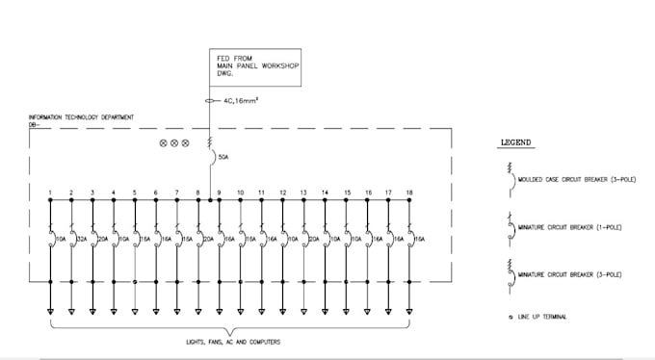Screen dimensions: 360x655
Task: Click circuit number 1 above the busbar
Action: (x=50, y=193)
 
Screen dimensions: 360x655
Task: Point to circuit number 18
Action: (x=410, y=193)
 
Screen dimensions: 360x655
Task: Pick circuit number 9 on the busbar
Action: (x=220, y=193)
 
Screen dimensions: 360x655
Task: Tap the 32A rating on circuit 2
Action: (x=82, y=238)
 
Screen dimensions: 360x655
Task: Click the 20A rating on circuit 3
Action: (x=103, y=238)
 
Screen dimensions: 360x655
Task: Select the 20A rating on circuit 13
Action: (x=314, y=238)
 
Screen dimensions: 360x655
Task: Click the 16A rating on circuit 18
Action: (x=420, y=238)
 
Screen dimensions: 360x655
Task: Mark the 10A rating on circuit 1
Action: (x=61, y=238)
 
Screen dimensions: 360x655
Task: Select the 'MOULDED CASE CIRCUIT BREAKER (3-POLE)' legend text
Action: (x=570, y=179)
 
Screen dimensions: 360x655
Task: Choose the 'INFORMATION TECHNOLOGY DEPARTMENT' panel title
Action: (x=82, y=117)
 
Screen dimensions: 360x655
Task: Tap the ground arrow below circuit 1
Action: (x=50, y=311)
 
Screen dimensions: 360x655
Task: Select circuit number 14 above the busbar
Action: (x=326, y=193)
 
